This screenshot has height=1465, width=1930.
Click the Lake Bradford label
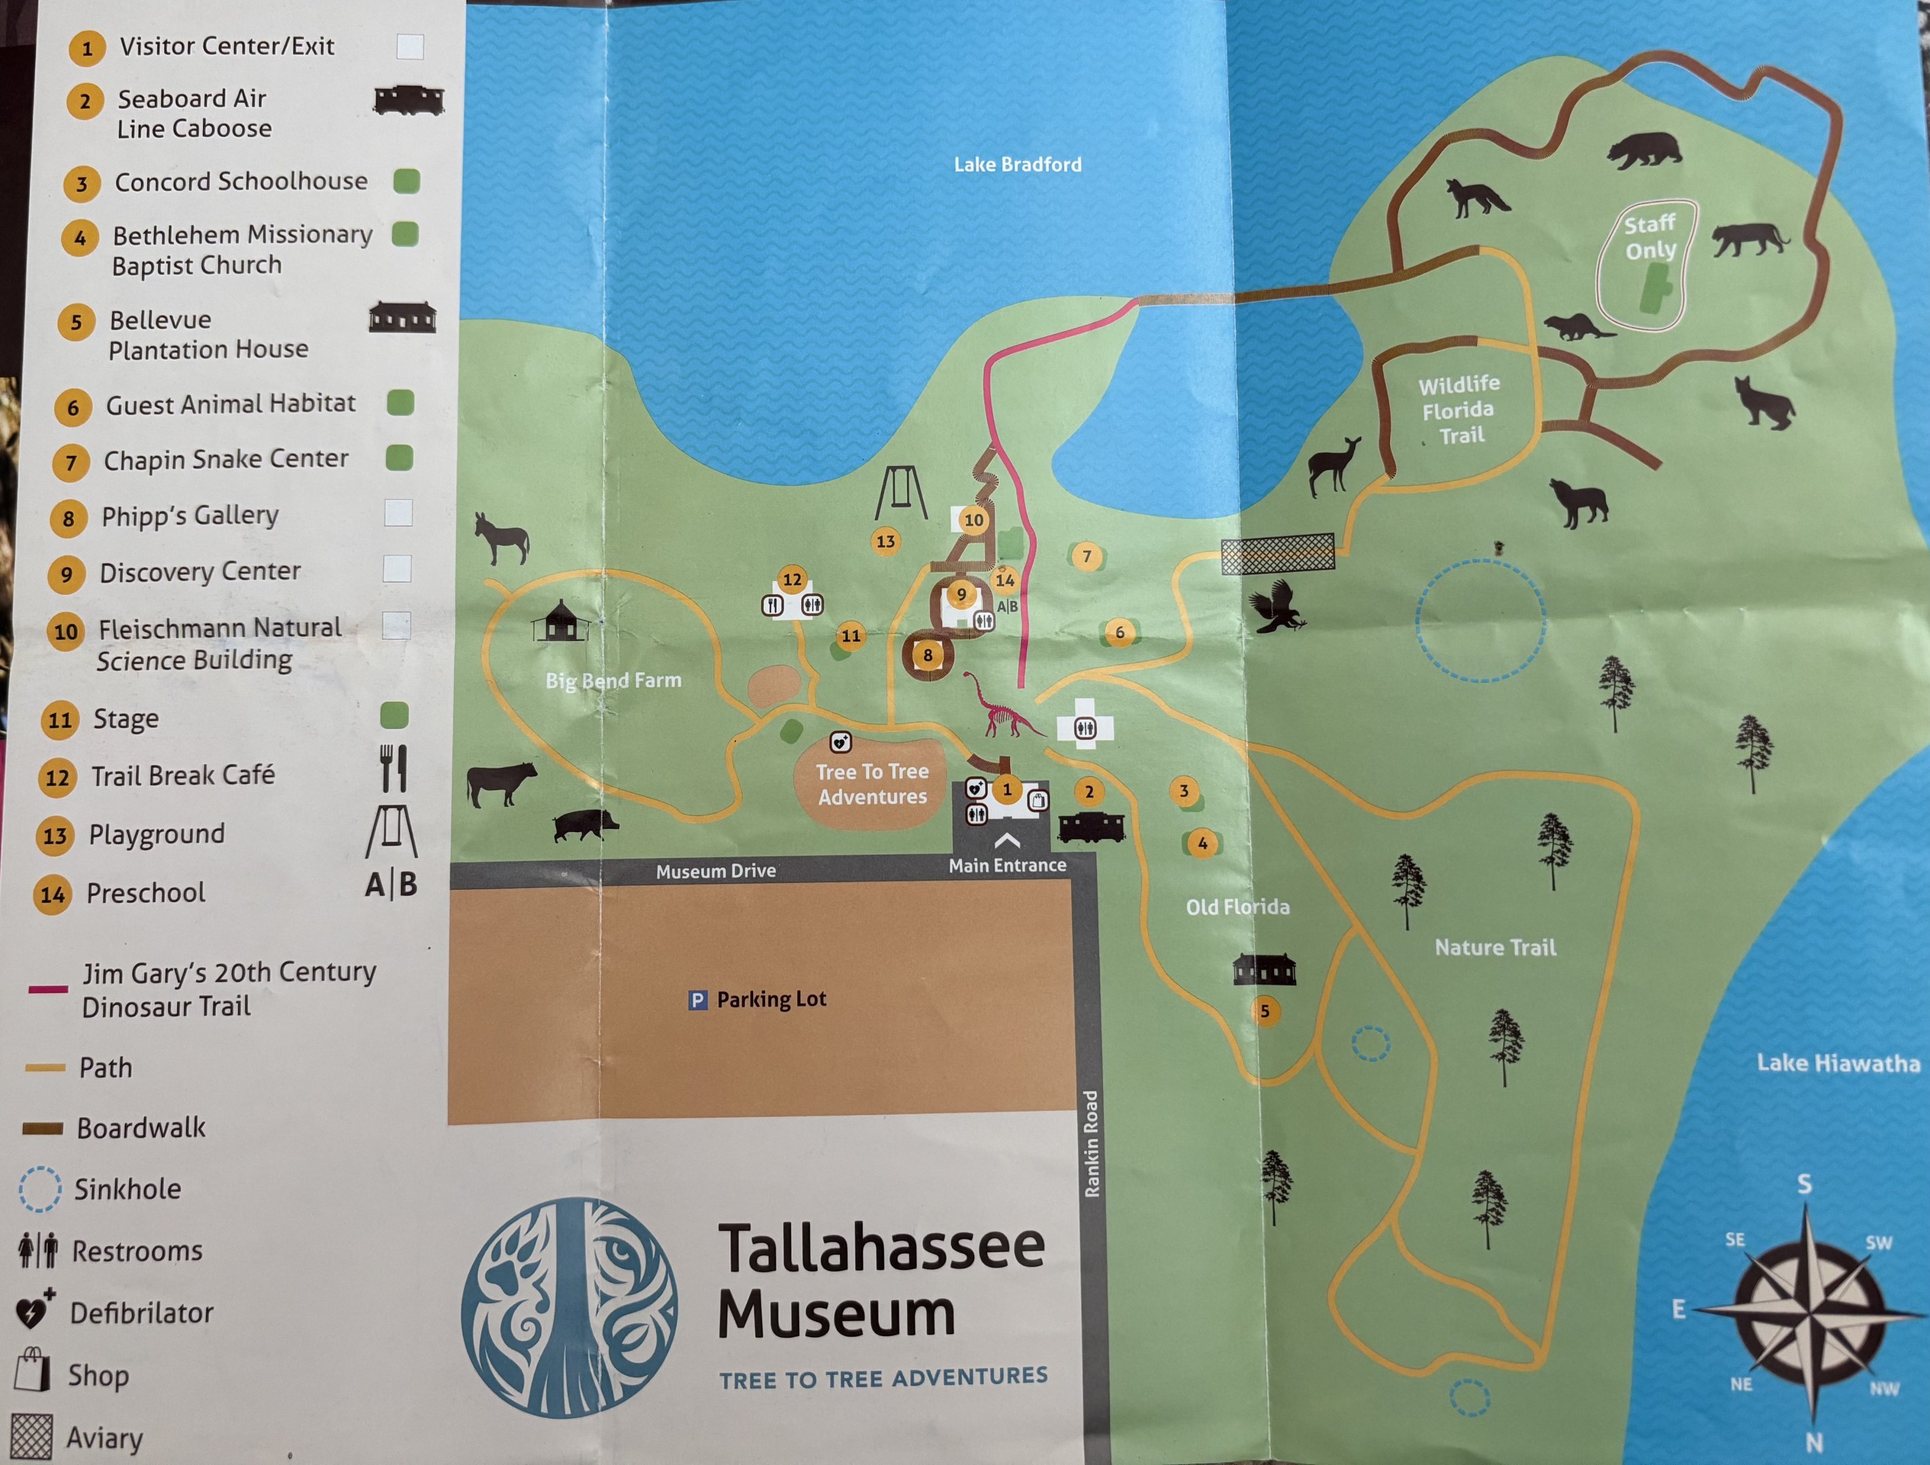[1018, 164]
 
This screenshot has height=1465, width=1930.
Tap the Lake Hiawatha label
[1838, 1063]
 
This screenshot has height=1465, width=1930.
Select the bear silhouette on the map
[1644, 150]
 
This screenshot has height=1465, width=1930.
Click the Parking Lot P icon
[697, 1000]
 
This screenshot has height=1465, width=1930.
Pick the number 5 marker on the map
[1265, 1011]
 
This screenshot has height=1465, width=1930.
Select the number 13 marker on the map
[885, 541]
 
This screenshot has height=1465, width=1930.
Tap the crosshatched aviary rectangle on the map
[1277, 553]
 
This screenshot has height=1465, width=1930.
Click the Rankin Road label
[1092, 1143]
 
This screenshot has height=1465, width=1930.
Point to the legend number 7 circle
[71, 463]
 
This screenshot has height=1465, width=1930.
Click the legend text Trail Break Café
[183, 775]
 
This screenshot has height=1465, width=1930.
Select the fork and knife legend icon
[393, 768]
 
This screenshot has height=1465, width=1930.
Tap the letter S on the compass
[1804, 1184]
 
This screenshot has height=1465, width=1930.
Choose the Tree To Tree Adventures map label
[872, 783]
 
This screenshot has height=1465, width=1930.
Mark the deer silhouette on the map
[1334, 465]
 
